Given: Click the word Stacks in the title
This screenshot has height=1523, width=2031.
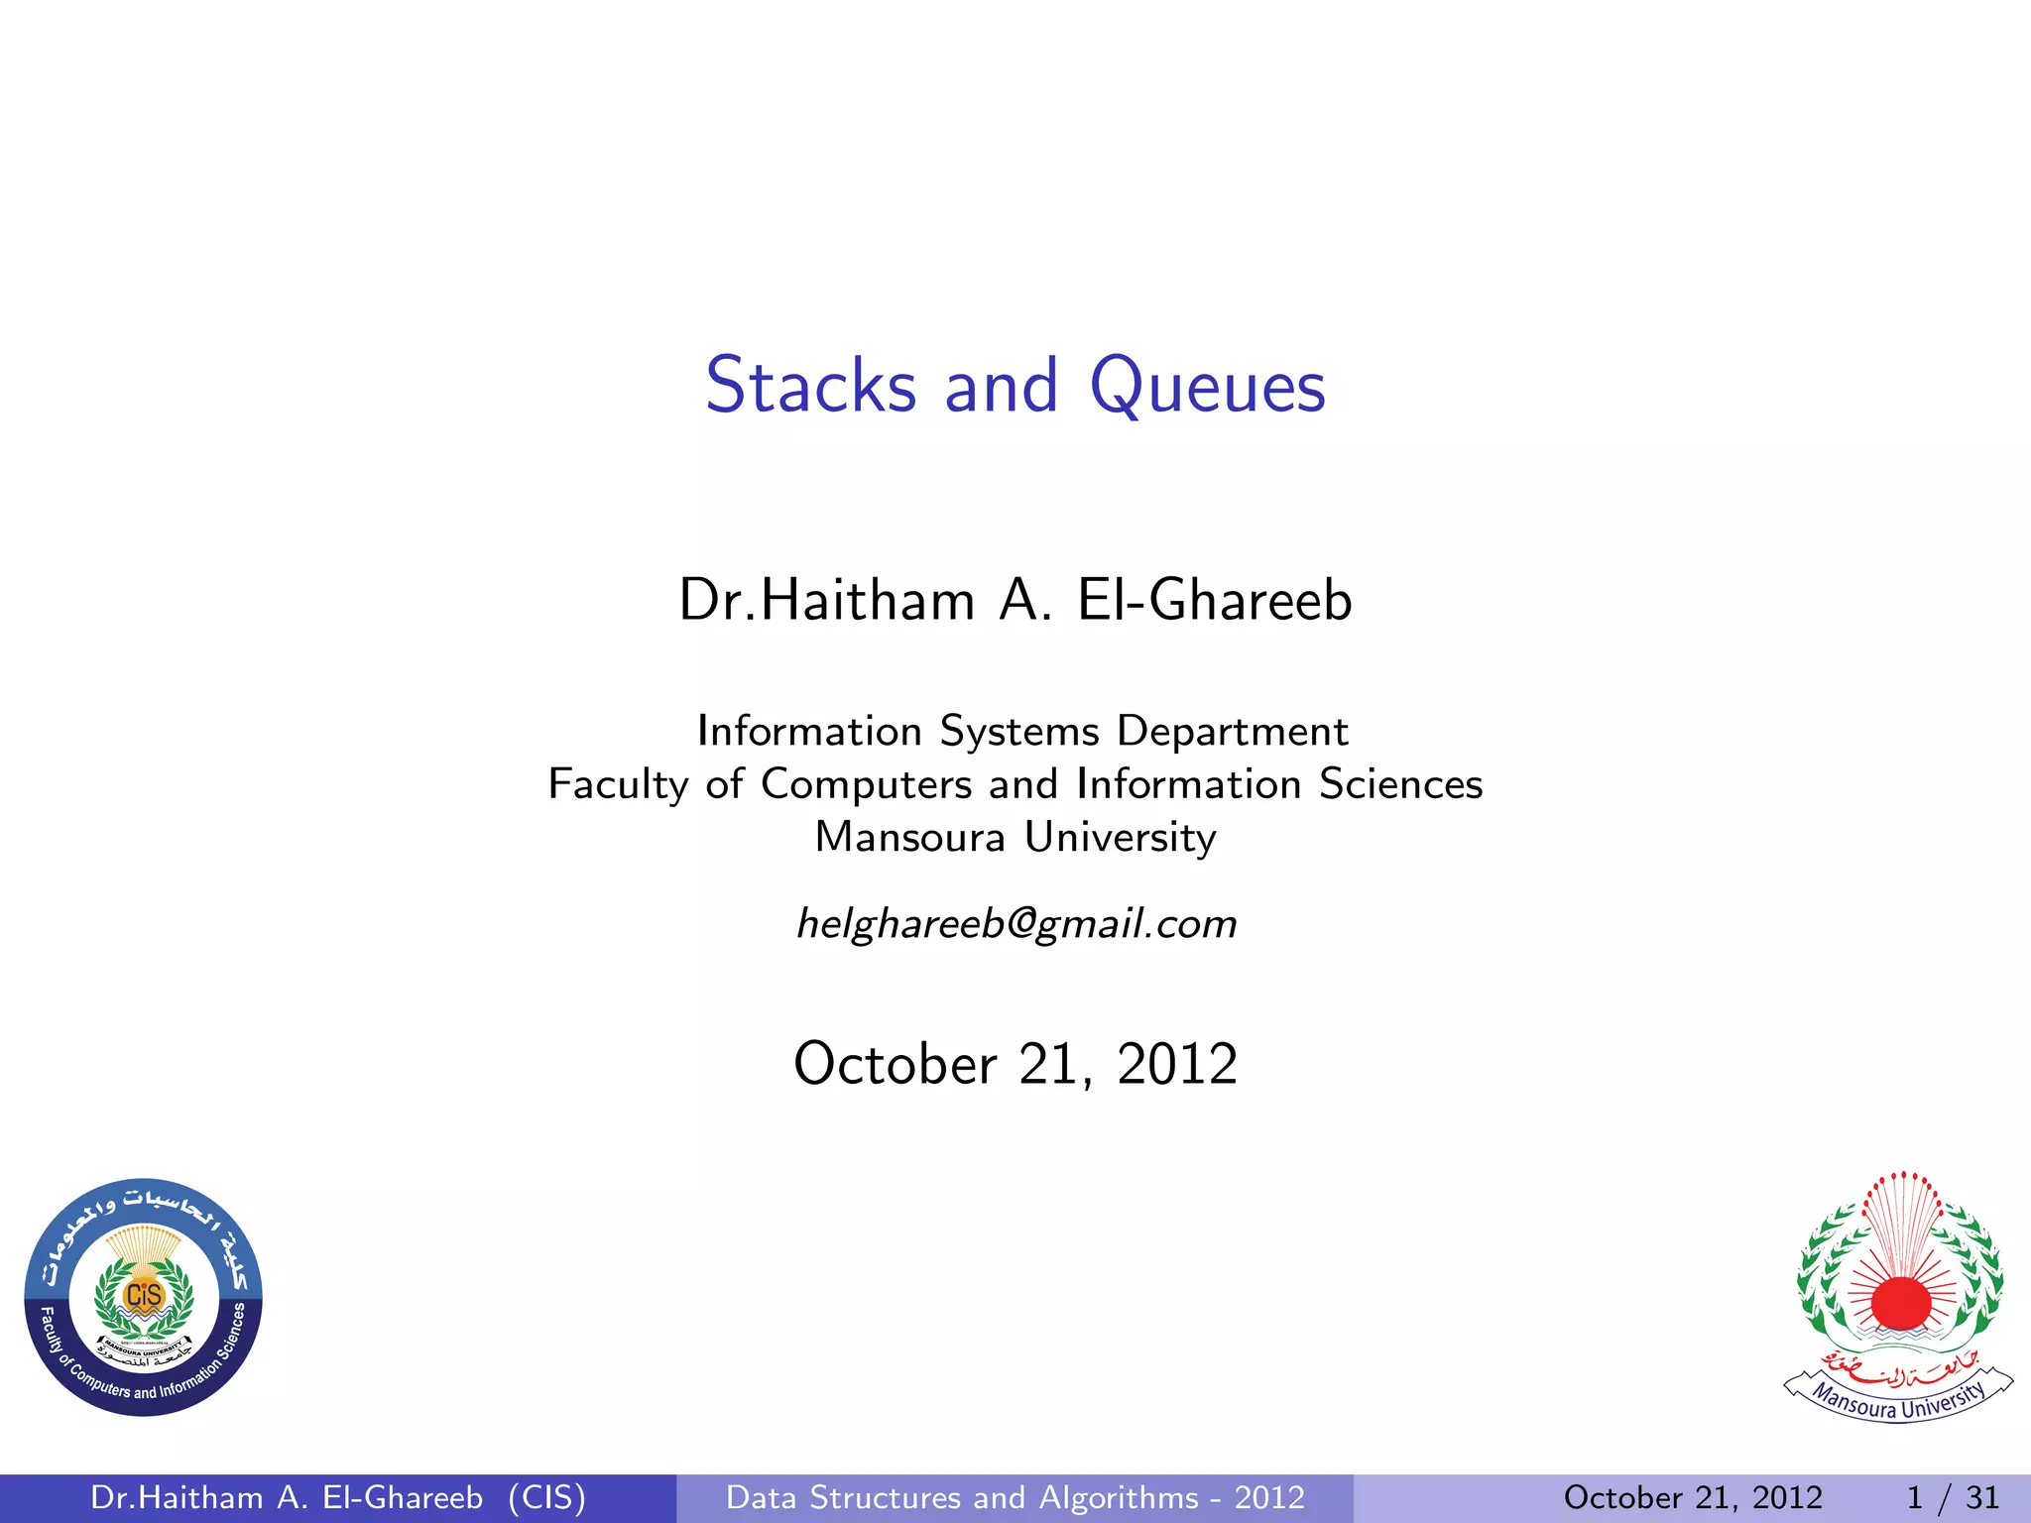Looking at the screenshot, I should (x=810, y=386).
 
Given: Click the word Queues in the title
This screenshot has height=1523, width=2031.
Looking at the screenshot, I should (x=1207, y=388).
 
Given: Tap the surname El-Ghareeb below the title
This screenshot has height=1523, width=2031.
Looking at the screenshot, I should (x=1215, y=601).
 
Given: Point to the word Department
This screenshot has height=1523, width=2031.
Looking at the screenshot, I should (x=1232, y=732).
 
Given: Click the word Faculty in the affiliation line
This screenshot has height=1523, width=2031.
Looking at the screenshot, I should (x=618, y=784).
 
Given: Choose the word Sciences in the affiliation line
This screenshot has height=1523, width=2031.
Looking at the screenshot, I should (x=1400, y=784).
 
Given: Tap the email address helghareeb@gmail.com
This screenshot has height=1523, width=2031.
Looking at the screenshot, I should (x=1016, y=924).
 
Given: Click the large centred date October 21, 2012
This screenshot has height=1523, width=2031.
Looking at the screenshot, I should (x=1015, y=1064).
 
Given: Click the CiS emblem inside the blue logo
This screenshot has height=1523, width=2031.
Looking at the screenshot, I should (x=144, y=1295).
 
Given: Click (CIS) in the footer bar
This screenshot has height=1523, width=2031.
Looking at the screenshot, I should (x=546, y=1497).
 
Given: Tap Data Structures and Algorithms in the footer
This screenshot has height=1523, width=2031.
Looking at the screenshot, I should (x=962, y=1497).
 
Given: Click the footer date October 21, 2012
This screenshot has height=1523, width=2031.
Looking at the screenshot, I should (x=1693, y=1497).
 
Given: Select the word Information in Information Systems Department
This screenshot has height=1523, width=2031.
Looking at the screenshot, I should (x=809, y=732).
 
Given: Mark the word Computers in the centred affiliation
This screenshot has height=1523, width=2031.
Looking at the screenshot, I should (x=866, y=784).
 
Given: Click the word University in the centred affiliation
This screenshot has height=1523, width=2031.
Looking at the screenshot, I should (x=1120, y=838).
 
